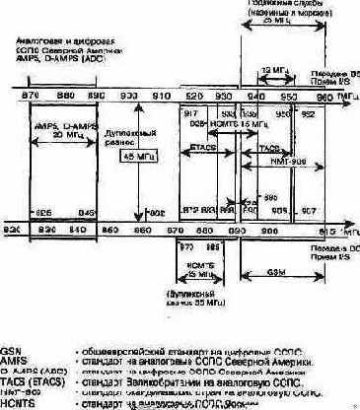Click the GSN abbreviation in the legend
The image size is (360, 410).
(x=11, y=350)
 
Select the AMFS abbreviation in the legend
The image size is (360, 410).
(x=14, y=361)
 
